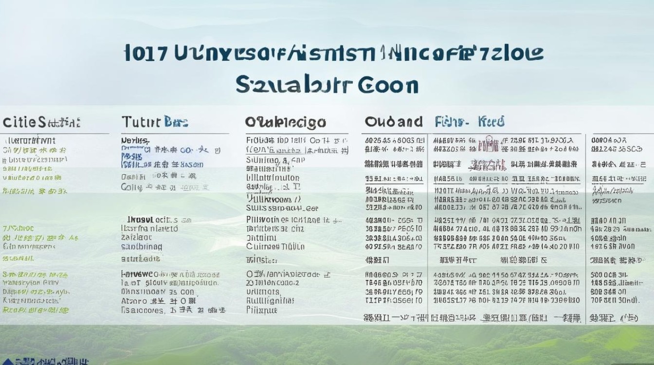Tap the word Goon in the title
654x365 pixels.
[x=388, y=85]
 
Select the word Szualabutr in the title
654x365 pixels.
[x=293, y=85]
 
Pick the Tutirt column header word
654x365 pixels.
[x=141, y=122]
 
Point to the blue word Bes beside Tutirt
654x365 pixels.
[x=176, y=122]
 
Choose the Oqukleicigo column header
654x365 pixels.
[x=286, y=122]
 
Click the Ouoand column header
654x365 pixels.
[x=394, y=122]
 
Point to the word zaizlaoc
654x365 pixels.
[x=136, y=237]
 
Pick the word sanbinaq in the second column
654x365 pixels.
[x=141, y=247]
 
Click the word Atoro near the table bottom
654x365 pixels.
[x=134, y=301]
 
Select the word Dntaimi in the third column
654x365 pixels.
[x=261, y=238]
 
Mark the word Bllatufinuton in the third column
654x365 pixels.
[x=273, y=178]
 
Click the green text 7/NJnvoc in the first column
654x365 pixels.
[x=18, y=228]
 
